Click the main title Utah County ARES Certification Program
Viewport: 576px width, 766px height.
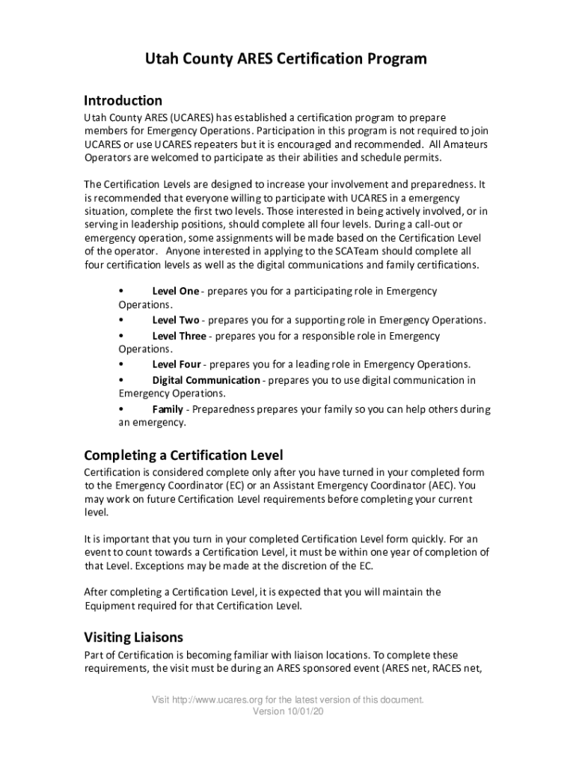[287, 59]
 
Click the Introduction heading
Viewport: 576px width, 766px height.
[123, 100]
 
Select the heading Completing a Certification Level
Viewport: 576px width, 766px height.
[183, 455]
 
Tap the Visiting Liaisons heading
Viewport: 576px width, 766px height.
[133, 637]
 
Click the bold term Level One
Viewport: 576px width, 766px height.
[176, 291]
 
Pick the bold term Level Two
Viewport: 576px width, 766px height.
[176, 320]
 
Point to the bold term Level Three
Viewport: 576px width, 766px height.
[179, 336]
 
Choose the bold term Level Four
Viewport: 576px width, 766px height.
[177, 364]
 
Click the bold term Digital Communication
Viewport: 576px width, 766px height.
[206, 380]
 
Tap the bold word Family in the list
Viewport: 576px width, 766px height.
[168, 409]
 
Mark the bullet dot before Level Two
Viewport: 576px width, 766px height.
[121, 320]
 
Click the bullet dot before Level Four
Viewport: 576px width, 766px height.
[121, 364]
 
